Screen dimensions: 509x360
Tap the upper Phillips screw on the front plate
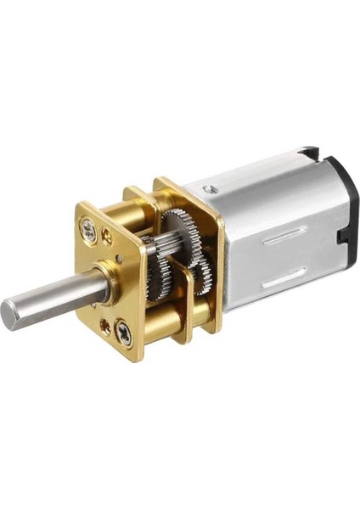pyautogui.click(x=87, y=227)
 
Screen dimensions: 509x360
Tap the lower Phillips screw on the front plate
pyautogui.click(x=124, y=332)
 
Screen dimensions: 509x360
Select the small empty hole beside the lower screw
pyautogui.click(x=104, y=323)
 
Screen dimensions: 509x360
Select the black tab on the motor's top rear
pyautogui.click(x=307, y=154)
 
